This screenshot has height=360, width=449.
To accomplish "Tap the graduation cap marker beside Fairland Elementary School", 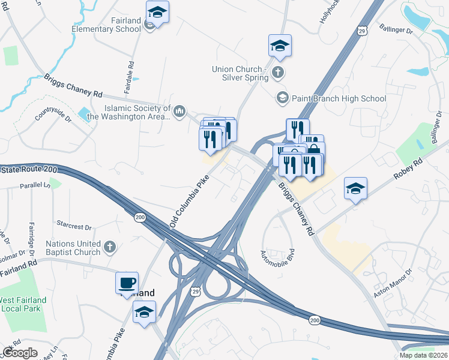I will [x=157, y=13].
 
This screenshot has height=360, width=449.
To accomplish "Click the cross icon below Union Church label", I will [x=277, y=73].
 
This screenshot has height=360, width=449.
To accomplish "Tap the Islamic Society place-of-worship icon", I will [x=179, y=111].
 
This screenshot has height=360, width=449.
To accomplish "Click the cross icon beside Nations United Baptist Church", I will [x=109, y=246].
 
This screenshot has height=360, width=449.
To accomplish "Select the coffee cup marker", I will [x=127, y=283].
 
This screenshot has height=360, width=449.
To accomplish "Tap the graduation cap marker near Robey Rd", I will [x=356, y=189].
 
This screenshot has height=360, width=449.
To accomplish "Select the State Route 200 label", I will [x=29, y=170].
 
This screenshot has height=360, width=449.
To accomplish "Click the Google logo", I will [x=20, y=352].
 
